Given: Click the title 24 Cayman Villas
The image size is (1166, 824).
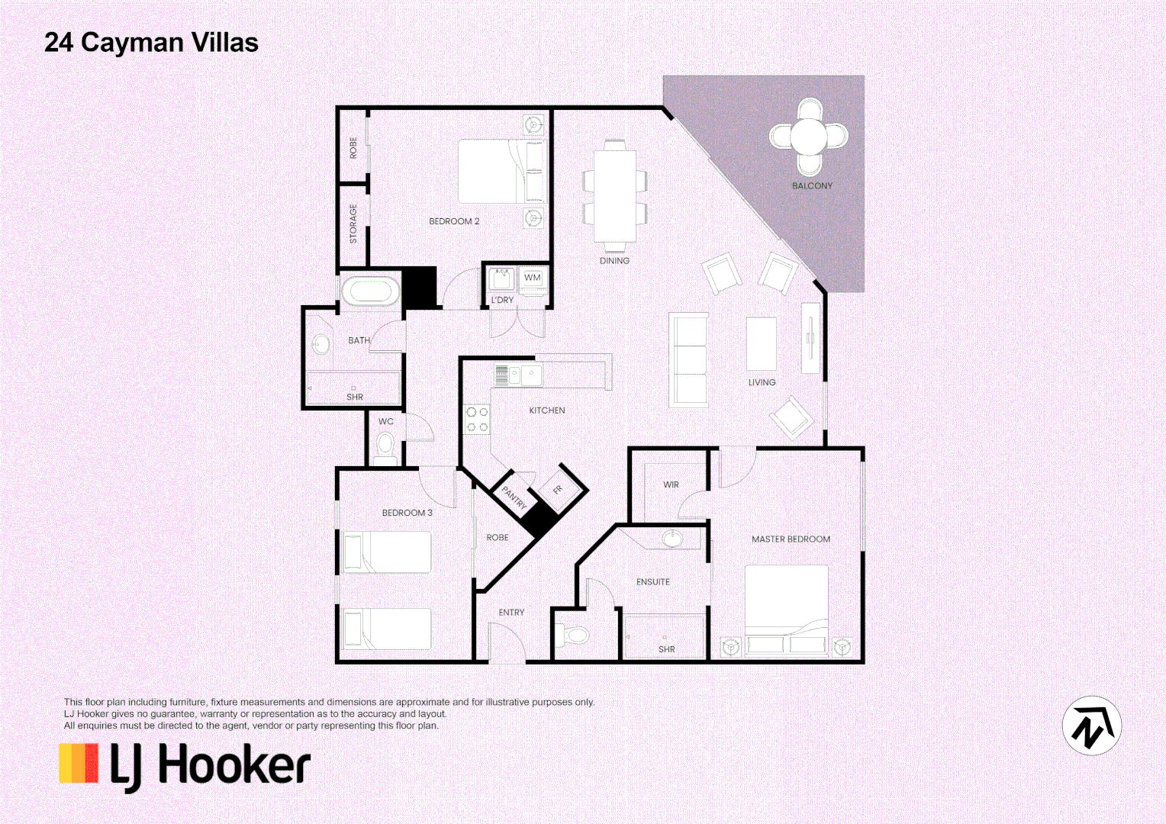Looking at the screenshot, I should point(151,43).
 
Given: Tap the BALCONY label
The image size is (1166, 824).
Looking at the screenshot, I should point(812,185).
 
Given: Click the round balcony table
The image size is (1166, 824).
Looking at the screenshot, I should point(808,137).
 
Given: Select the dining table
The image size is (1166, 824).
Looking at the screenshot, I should point(614,196).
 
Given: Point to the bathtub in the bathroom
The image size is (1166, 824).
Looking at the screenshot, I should point(370,291).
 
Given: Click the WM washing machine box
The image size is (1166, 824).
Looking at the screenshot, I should point(533,278).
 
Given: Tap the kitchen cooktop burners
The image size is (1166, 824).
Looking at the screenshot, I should point(477,419).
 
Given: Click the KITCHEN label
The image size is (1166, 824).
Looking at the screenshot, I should point(547,410).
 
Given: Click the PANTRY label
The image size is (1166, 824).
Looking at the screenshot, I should point(514,497).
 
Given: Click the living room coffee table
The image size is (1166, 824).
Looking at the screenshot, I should point(761,344).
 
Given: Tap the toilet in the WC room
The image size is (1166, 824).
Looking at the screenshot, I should point(385,444).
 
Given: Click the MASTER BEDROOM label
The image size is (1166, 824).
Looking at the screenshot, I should point(791,539).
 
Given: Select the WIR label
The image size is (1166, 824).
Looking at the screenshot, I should point(671,484).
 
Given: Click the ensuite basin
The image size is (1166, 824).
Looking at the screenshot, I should point(672,539).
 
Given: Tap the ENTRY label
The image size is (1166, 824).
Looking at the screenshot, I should point(511,613).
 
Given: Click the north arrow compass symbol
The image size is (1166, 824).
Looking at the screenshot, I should point(1091,726).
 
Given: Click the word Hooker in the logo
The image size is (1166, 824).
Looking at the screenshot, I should point(234,766).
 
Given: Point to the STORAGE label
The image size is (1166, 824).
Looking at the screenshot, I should point(353,224).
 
